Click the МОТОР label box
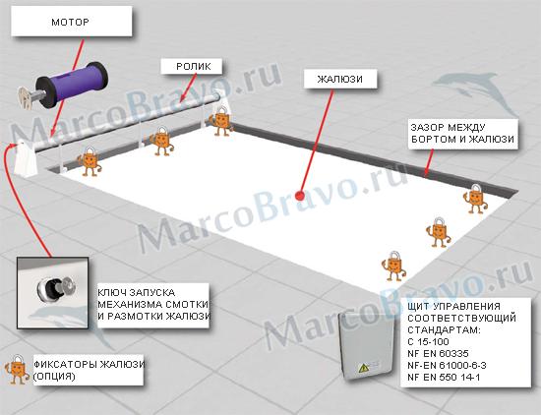click(x=72, y=22)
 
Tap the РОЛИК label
click(x=192, y=66)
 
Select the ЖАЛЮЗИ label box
click(x=340, y=79)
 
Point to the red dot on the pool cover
click(x=299, y=196)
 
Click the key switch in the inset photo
click(x=56, y=290)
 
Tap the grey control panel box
click(x=366, y=345)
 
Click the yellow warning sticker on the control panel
click(x=363, y=369)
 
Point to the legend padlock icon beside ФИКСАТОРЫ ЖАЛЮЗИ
click(x=17, y=370)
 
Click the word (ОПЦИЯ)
click(x=54, y=377)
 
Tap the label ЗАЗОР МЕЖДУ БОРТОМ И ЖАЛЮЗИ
click(x=462, y=133)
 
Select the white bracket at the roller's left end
click(x=26, y=158)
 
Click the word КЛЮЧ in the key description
click(x=111, y=292)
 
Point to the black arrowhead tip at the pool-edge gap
click(x=425, y=175)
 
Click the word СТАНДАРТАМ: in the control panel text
click(x=444, y=330)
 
